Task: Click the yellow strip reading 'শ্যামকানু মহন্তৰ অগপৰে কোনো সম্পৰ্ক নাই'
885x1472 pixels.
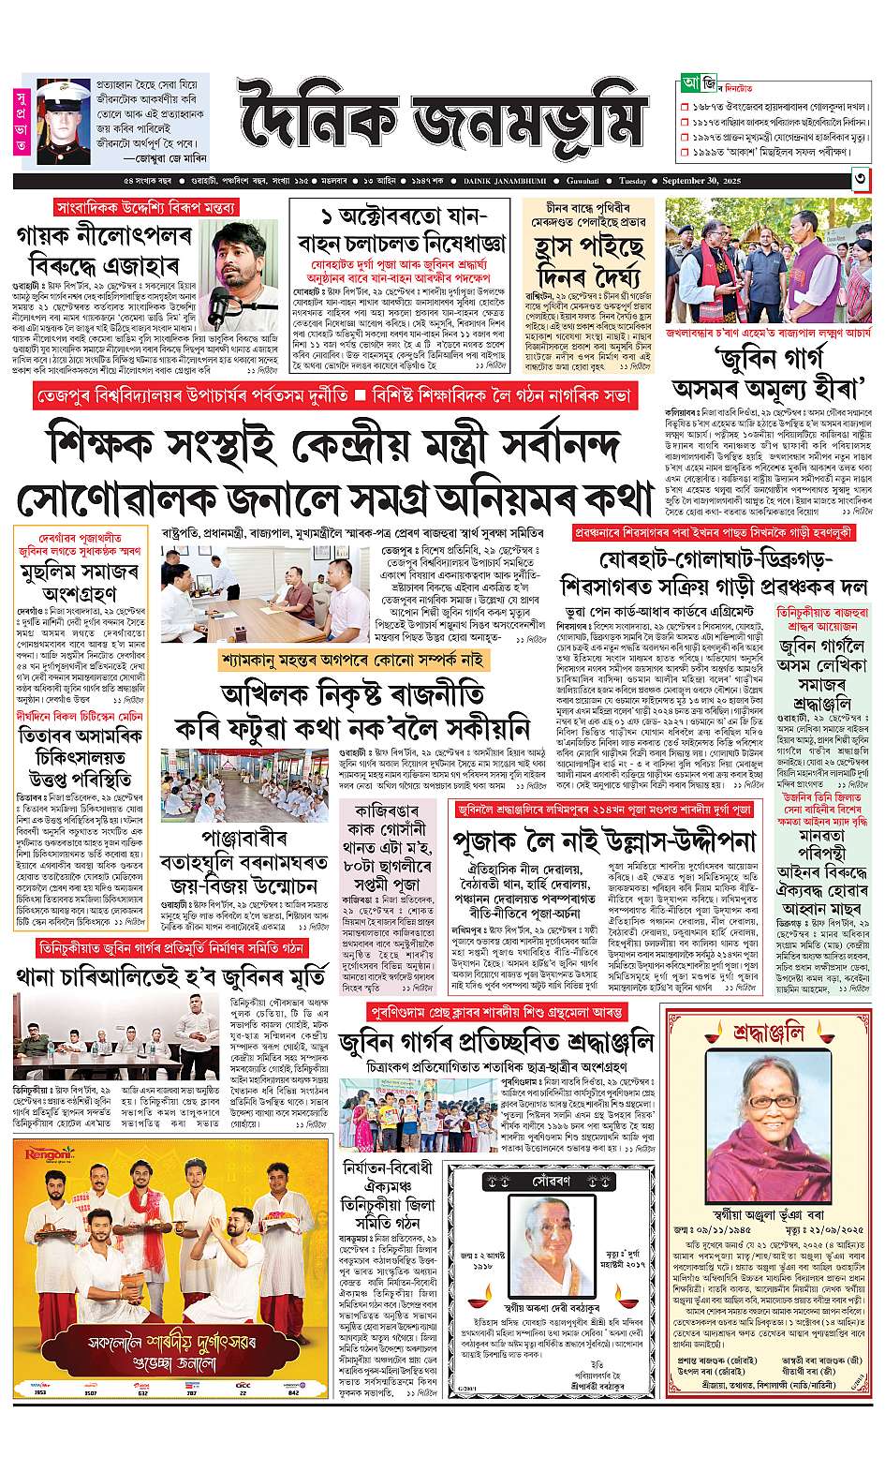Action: tap(355, 661)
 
